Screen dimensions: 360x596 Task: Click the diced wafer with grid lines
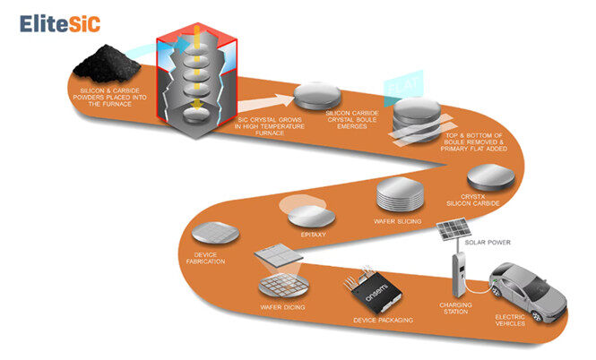282,288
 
